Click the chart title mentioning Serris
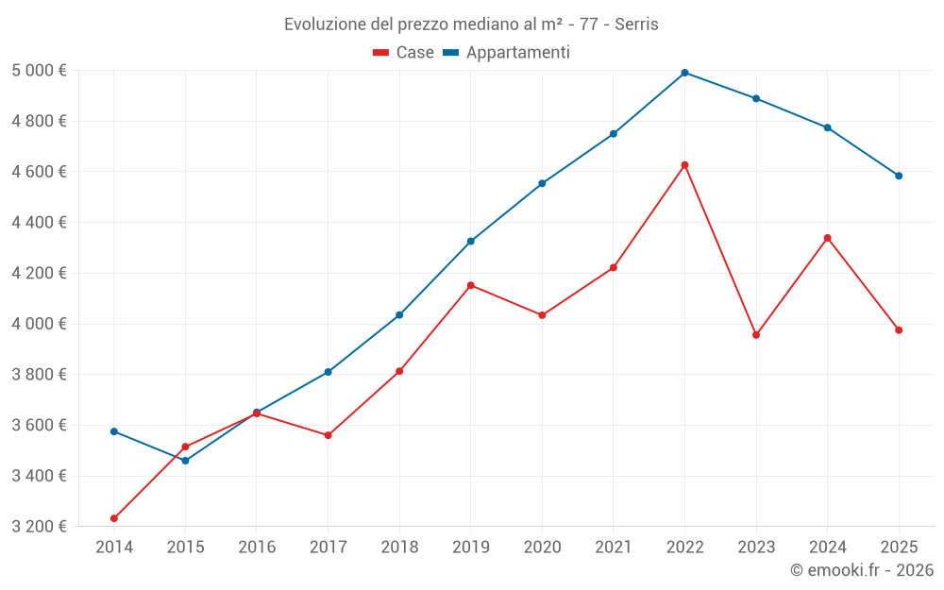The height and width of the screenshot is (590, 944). [x=471, y=24]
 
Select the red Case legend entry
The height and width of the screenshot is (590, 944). [x=404, y=53]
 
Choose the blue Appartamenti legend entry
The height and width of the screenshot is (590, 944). [x=507, y=53]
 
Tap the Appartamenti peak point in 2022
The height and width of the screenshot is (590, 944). [x=684, y=73]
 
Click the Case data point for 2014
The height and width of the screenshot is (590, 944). [x=114, y=518]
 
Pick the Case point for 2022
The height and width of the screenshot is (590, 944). [x=684, y=165]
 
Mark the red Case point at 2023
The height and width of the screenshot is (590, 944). [x=756, y=335]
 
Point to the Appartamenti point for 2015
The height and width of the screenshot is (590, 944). [x=185, y=461]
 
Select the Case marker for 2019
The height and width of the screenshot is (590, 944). [x=471, y=285]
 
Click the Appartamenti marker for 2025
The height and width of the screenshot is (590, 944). [x=899, y=176]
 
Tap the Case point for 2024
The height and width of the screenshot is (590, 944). [x=827, y=238]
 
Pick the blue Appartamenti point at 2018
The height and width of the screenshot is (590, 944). [x=399, y=314]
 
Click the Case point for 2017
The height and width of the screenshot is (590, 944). [x=328, y=435]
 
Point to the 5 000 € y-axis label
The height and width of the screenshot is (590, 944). [x=39, y=71]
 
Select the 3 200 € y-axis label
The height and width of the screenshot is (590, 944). [x=39, y=527]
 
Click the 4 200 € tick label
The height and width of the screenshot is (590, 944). [x=39, y=273]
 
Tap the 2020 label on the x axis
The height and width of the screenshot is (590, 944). [x=542, y=548]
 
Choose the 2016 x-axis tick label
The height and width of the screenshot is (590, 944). [x=257, y=548]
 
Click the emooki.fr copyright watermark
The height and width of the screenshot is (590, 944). [x=861, y=570]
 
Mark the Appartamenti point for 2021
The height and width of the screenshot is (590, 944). [x=614, y=134]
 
